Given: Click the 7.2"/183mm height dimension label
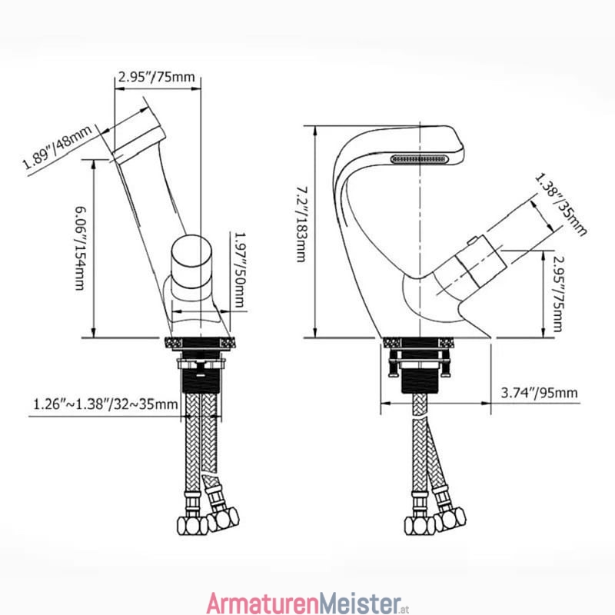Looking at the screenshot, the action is [x=301, y=224].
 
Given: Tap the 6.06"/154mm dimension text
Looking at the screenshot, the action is [x=80, y=248].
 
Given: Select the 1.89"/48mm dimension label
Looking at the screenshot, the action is [x=57, y=147].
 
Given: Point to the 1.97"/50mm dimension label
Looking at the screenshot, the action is [x=240, y=270].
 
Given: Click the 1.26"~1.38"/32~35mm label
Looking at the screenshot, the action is [x=105, y=404].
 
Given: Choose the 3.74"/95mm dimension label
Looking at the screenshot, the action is [x=540, y=393].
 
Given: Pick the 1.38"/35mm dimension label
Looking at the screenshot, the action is [x=561, y=204].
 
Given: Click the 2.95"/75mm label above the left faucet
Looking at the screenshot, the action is [x=157, y=77].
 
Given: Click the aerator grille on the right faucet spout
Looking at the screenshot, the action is [x=419, y=159].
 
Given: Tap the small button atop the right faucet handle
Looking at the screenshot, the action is [x=472, y=240].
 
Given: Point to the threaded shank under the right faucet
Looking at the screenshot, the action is [x=419, y=377].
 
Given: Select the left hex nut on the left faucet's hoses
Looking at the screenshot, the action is [x=192, y=526].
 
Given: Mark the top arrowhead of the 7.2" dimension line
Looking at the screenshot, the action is [x=314, y=131].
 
